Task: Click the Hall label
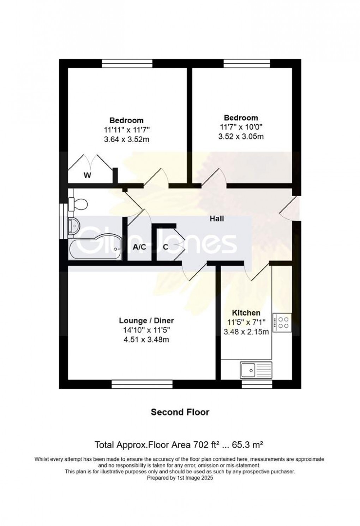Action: click(x=217, y=219)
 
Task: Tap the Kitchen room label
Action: click(x=246, y=313)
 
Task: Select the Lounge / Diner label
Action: click(x=146, y=321)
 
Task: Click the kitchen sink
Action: click(x=256, y=370)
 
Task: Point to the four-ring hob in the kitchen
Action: click(x=282, y=323)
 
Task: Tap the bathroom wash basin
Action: click(x=74, y=226)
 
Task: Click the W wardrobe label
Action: click(x=87, y=175)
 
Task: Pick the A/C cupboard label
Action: click(x=139, y=247)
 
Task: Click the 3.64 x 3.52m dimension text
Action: click(x=126, y=139)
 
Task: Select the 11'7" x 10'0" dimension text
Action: click(x=241, y=127)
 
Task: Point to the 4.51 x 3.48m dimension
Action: click(x=146, y=340)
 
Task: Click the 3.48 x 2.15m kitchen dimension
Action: click(x=246, y=332)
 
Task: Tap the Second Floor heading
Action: click(x=180, y=412)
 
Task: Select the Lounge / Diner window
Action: click(x=142, y=384)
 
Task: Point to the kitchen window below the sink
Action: click(x=257, y=384)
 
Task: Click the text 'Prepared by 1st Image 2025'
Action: click(x=180, y=478)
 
